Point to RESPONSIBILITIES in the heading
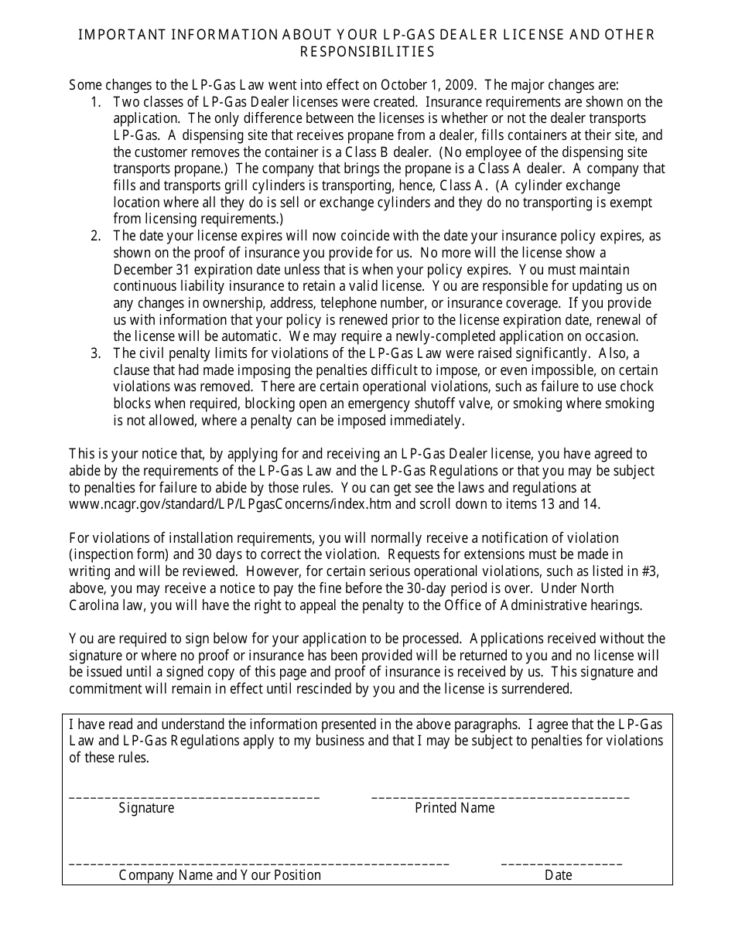point(367,52)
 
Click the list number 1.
point(95,102)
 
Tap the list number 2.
point(95,236)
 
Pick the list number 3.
point(95,353)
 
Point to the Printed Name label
point(454,809)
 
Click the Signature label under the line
point(146,809)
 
